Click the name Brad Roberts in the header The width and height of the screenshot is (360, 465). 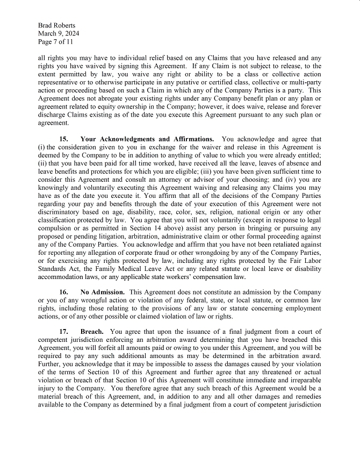(56, 25)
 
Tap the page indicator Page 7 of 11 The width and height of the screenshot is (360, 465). (55, 41)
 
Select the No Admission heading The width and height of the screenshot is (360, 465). (103, 291)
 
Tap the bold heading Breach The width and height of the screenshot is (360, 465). (92, 332)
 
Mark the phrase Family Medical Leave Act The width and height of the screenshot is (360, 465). (121, 269)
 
